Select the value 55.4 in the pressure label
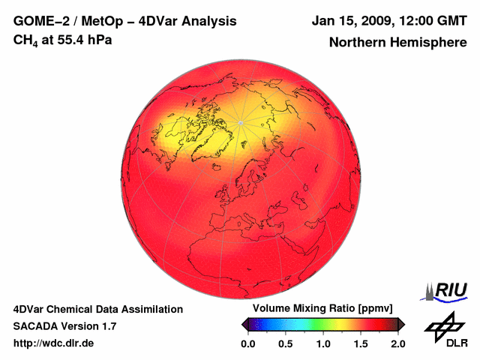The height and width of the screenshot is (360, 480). coord(71,40)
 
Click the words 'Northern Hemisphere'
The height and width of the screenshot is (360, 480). coord(397,43)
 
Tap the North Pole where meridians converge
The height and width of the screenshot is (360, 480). coord(240,122)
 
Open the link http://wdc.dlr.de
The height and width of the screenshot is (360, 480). coord(54,343)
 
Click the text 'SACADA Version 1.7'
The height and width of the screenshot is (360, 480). coord(64,326)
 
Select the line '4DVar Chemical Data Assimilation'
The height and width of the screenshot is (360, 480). coord(97,309)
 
